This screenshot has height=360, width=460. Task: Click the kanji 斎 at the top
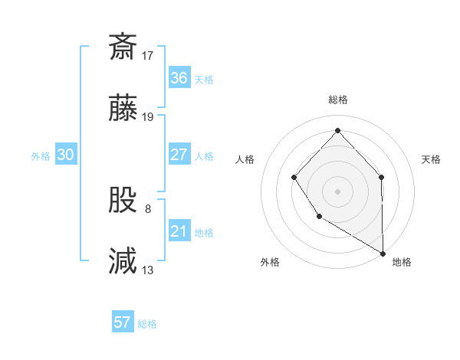click(123, 46)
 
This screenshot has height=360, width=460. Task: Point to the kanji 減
click(123, 260)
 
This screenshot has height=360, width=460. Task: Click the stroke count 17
click(148, 56)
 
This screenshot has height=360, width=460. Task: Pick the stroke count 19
click(148, 117)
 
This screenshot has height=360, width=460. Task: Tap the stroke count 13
click(148, 270)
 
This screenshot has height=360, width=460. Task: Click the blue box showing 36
click(179, 78)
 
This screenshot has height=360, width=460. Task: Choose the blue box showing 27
click(179, 155)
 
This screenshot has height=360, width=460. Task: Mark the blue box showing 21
click(179, 231)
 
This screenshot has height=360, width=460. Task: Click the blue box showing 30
click(65, 155)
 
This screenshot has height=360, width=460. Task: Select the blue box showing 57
click(122, 322)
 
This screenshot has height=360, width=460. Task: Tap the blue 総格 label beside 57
click(147, 324)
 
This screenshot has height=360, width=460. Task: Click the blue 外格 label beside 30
click(41, 156)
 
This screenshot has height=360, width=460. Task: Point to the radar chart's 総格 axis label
click(338, 100)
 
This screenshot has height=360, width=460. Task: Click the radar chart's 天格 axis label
click(432, 159)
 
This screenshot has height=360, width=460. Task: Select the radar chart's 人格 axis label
click(245, 159)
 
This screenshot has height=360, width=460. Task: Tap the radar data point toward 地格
click(383, 253)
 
